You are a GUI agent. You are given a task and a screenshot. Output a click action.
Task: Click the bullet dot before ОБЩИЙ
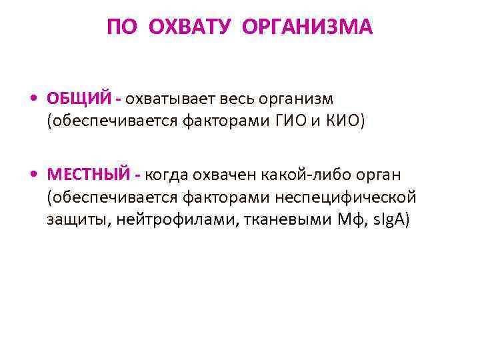tap(33, 99)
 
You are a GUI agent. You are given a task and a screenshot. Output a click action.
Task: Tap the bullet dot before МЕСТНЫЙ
tap(33, 175)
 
